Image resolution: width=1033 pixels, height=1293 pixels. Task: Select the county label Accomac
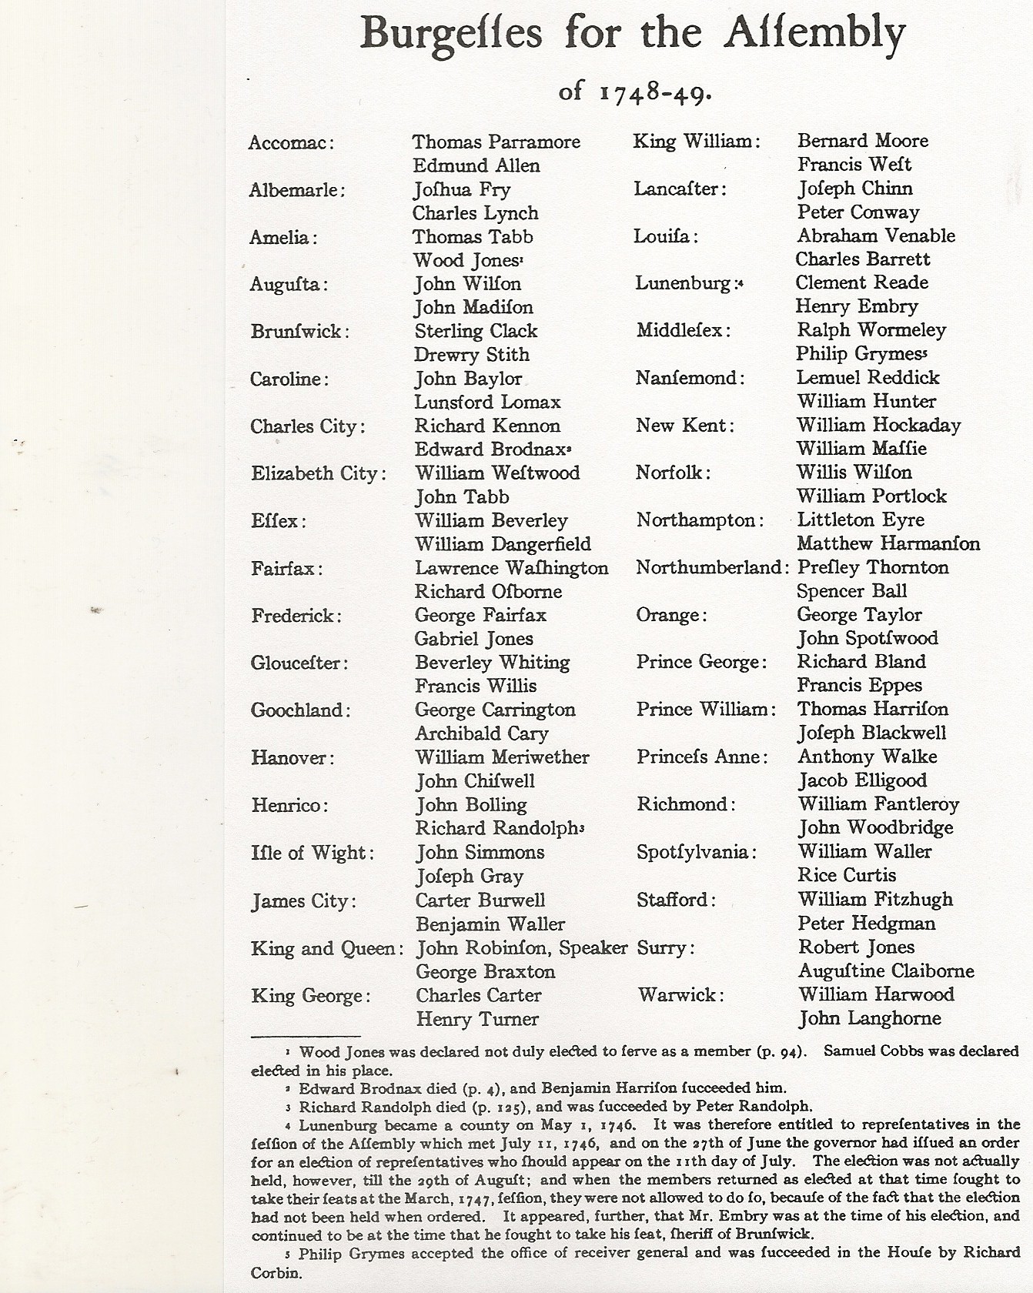[x=291, y=143]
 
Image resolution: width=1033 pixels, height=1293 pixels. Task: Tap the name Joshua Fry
[x=461, y=190]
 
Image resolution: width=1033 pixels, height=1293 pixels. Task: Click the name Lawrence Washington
[x=511, y=568]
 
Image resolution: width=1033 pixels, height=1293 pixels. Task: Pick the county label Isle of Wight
[x=312, y=853]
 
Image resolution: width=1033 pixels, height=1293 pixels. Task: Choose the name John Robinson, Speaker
[x=521, y=947]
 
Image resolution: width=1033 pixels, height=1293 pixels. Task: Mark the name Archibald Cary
[x=481, y=733]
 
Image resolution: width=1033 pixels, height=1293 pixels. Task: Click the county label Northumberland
[x=712, y=568]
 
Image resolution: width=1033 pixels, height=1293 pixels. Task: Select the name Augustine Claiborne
[x=885, y=971]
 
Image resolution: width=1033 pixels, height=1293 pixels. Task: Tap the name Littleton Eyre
[x=860, y=520]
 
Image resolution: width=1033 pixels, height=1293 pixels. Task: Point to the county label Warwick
[x=680, y=995]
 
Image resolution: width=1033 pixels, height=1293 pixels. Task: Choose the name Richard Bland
[x=861, y=662]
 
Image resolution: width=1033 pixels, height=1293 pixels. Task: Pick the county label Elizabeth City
[x=318, y=473]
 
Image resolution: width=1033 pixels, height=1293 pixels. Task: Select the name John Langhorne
[x=869, y=1019]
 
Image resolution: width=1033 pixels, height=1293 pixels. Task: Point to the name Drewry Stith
[x=471, y=355]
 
